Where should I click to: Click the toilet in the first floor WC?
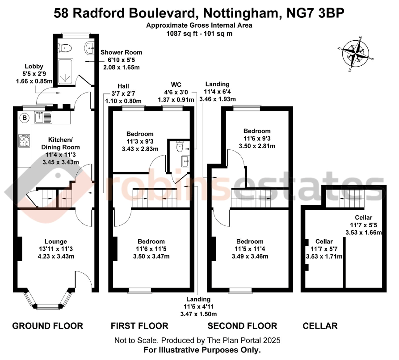[180, 145]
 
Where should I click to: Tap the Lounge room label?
[56, 241]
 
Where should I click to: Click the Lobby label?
[34, 66]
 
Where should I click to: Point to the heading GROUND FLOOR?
[47, 326]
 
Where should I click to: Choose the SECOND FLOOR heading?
[242, 326]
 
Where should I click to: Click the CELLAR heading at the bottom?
[320, 326]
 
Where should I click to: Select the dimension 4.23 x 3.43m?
[56, 256]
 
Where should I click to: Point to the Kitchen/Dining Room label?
[60, 143]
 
